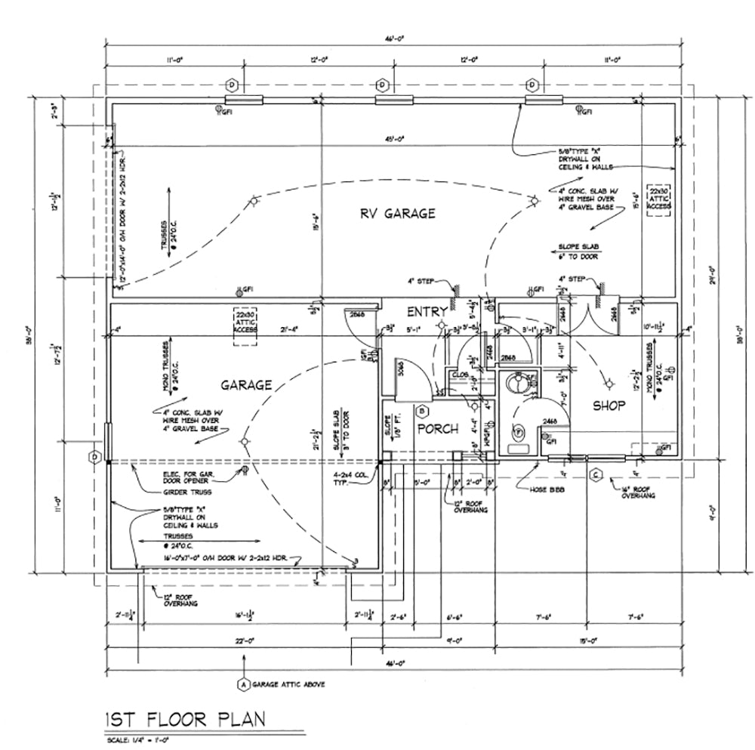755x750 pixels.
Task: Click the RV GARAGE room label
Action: (x=397, y=214)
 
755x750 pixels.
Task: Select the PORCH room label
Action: (x=437, y=429)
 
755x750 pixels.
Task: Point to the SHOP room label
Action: (x=609, y=406)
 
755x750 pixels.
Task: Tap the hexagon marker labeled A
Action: (x=243, y=684)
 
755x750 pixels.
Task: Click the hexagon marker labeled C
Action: (x=596, y=474)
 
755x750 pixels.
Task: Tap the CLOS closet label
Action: (x=460, y=374)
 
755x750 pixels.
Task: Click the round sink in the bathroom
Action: (x=516, y=381)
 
